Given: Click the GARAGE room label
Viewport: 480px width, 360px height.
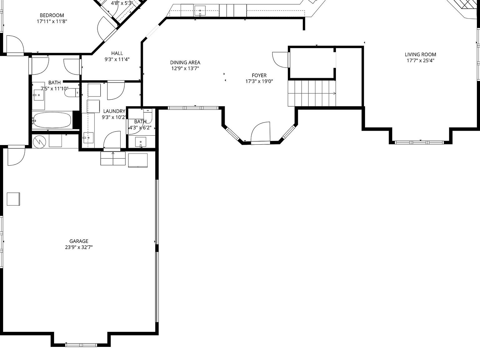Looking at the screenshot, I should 79,241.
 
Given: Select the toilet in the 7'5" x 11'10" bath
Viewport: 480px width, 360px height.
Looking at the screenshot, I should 74,93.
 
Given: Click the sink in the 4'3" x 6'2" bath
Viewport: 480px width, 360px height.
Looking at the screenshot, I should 141,142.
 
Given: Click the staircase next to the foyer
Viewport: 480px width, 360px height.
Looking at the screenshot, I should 312,93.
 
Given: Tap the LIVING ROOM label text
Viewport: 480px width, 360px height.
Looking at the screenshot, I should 420,54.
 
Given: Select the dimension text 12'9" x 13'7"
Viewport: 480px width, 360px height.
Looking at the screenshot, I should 185,68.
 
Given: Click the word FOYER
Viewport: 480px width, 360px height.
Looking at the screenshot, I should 259,75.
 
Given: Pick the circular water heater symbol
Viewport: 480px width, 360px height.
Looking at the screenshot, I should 39,142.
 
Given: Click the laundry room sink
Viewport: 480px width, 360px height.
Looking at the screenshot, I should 88,137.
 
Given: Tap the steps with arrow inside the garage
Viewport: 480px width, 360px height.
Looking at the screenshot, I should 113,158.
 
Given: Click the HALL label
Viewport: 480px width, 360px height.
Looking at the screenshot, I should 117,53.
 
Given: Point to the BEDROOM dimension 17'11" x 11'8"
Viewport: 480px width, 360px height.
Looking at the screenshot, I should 52,21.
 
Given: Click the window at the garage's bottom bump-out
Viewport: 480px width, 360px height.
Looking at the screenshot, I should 81,345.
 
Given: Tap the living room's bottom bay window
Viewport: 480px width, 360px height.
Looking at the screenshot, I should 419,142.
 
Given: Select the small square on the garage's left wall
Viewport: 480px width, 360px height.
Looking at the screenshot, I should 13,199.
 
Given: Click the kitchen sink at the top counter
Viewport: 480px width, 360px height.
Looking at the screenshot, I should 200,11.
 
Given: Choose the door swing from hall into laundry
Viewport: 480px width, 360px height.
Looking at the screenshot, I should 116,91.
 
